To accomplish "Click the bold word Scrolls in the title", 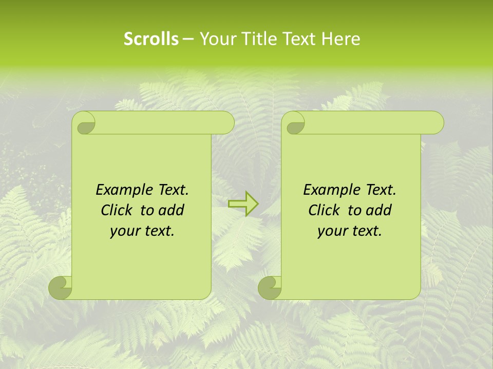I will [151, 39].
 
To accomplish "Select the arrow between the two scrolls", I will [243, 203].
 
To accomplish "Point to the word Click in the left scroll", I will [117, 210].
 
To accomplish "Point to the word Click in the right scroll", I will [324, 210].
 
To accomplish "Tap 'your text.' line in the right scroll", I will [350, 231].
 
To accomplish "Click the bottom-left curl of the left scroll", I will [61, 287].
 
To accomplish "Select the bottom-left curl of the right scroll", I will [270, 287].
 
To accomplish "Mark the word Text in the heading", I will [297, 39].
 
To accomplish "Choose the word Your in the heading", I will [216, 39].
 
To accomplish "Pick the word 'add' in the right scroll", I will [380, 210].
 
